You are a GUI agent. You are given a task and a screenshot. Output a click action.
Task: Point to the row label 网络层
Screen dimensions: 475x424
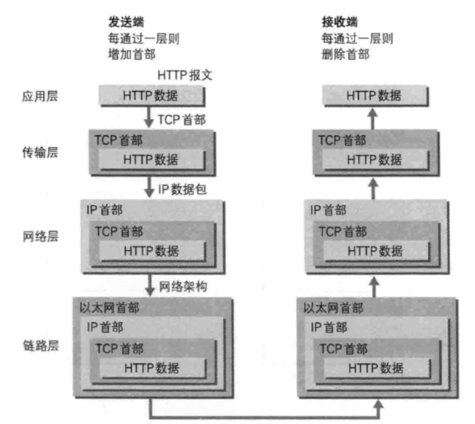coord(39,236)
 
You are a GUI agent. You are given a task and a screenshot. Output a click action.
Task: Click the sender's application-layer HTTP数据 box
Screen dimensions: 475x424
coord(151,96)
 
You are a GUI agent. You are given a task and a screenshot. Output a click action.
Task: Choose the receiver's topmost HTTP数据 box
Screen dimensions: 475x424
coord(374,96)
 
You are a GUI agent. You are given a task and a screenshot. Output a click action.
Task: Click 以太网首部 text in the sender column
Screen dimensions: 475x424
coord(113,308)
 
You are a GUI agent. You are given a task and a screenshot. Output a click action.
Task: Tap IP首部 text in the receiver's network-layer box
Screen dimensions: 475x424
coord(329,210)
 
